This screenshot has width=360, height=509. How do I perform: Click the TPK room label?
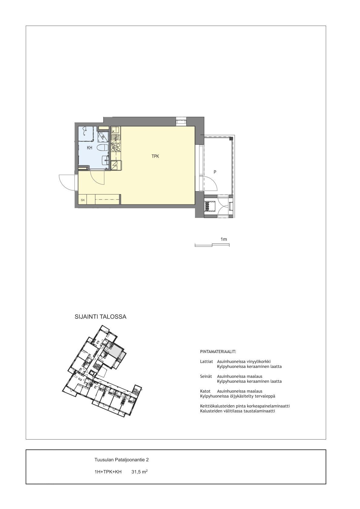point(155,156)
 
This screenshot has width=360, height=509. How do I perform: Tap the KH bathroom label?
point(90,148)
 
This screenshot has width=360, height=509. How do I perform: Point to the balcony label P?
point(215,172)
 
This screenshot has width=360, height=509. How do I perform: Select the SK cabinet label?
point(83,200)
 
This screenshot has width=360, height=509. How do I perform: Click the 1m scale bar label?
point(224,239)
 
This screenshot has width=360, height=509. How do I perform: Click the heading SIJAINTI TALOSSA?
point(101,317)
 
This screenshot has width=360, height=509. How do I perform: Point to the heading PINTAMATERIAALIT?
point(218,352)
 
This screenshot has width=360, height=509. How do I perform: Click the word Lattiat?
point(206,362)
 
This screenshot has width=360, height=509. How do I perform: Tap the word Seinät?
point(206,376)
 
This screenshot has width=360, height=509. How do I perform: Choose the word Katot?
point(205,391)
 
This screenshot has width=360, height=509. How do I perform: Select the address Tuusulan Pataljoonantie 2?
point(122,460)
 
